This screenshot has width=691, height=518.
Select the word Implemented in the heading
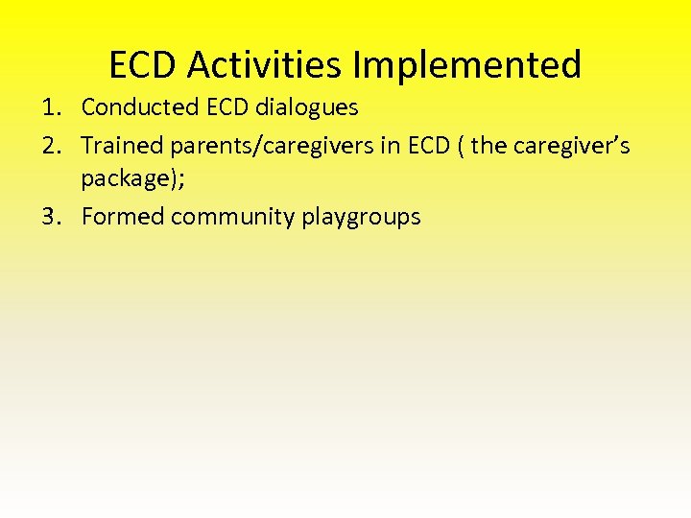(467, 65)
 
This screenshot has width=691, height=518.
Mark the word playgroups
(361, 217)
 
